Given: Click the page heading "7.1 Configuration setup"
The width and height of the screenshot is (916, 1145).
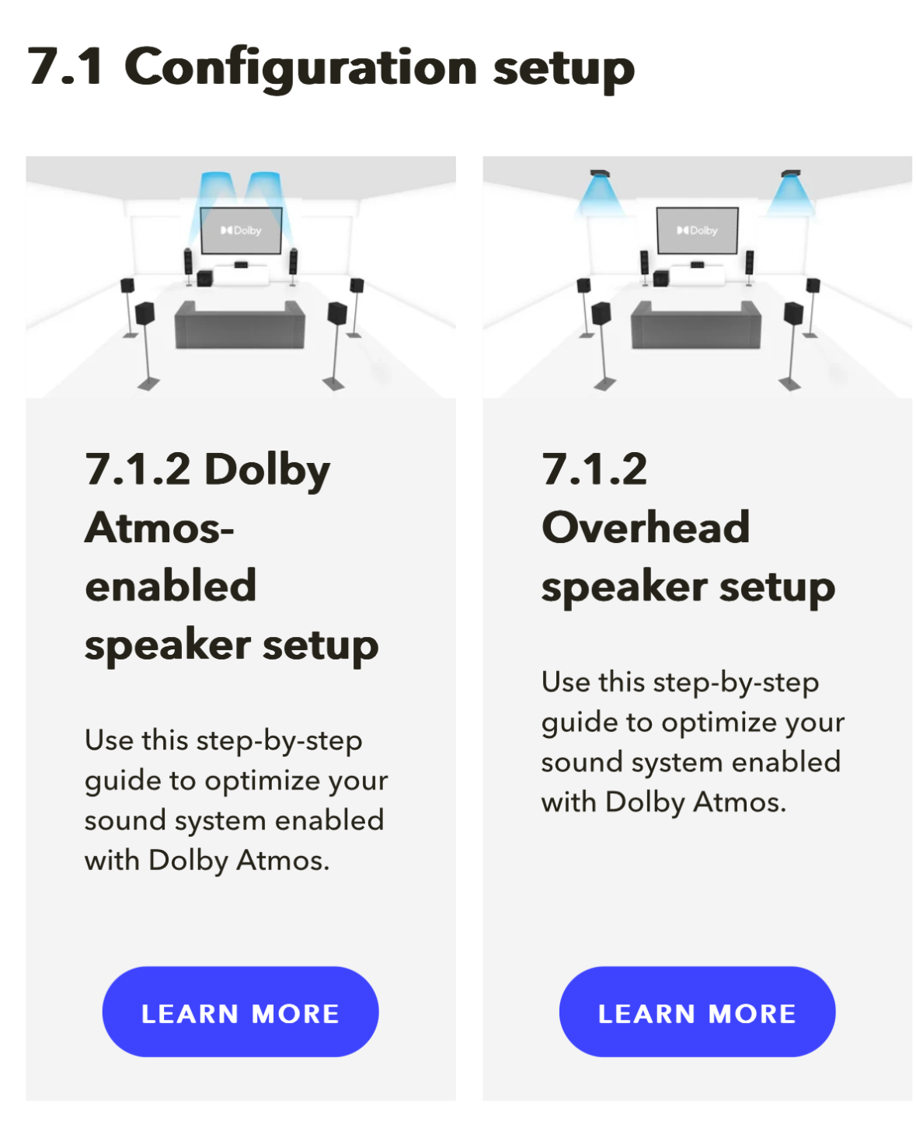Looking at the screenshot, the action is [331, 68].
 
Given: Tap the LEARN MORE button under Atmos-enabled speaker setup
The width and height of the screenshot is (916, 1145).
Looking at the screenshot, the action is [240, 1011].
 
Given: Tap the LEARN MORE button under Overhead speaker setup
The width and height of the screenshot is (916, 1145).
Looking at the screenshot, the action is [697, 1011].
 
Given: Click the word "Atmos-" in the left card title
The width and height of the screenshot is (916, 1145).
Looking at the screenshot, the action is [160, 527].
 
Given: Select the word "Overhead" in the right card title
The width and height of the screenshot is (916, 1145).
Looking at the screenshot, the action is [646, 527].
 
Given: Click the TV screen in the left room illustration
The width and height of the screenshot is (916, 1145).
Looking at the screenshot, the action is [241, 231].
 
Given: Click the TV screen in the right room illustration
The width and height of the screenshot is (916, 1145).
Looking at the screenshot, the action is [697, 231].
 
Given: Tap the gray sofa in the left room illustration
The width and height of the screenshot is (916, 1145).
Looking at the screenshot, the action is [240, 325].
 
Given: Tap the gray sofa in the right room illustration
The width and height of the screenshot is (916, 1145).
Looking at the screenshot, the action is [696, 325].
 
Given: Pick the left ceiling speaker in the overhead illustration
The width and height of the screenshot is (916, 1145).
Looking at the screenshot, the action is [600, 174].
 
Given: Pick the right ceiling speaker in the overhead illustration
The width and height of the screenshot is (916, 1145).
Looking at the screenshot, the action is [790, 174].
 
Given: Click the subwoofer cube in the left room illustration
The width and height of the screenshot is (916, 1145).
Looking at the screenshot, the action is [204, 278].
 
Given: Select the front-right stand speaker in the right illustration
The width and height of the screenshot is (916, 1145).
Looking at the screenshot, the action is [750, 268].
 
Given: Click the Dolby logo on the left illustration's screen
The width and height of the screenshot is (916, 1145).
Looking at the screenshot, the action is [241, 231].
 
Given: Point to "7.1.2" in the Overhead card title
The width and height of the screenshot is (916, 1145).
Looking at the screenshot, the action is [594, 469].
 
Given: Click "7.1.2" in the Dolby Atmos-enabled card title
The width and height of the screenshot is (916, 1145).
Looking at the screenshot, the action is [138, 469].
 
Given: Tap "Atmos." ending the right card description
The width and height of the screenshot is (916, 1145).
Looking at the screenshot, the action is [740, 802].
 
